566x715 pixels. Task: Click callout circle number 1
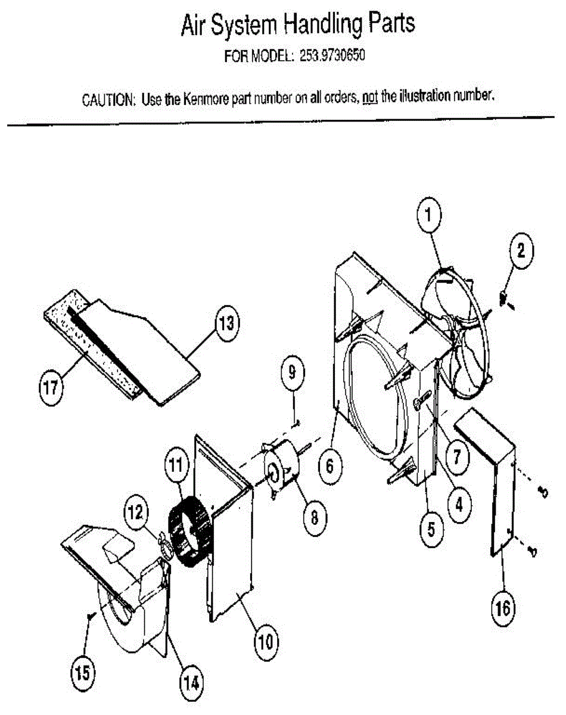point(428,216)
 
